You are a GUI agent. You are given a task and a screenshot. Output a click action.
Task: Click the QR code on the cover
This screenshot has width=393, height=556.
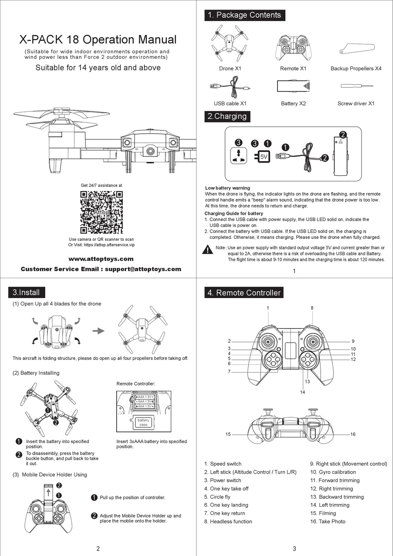click(101, 212)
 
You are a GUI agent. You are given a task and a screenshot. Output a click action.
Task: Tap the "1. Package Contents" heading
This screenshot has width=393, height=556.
click(244, 15)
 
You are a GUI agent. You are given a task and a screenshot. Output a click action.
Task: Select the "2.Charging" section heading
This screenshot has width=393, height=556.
click(227, 116)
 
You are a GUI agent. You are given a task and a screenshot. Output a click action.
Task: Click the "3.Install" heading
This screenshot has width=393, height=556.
click(26, 292)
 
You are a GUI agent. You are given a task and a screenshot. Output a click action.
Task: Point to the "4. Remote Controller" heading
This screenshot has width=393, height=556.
click(244, 293)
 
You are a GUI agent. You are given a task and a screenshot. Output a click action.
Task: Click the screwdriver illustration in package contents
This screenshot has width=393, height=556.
click(356, 86)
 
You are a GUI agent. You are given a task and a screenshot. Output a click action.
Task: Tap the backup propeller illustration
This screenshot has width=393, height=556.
click(356, 48)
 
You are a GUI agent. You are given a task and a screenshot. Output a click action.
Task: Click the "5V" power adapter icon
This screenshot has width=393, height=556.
click(264, 157)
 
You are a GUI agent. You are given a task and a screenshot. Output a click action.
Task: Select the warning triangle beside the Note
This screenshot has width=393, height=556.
click(207, 250)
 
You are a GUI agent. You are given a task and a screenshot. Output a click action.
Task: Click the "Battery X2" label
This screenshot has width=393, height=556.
click(293, 103)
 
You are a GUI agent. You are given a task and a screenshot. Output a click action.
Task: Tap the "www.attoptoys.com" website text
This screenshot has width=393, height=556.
click(101, 259)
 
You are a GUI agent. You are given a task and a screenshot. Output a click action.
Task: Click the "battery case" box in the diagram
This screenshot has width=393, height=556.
click(143, 422)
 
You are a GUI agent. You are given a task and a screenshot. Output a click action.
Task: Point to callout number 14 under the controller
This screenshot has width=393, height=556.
click(302, 392)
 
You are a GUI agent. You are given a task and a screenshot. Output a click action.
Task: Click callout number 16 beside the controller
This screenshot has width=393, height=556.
click(353, 434)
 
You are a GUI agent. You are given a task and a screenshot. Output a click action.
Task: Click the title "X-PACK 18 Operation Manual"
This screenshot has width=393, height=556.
click(98, 40)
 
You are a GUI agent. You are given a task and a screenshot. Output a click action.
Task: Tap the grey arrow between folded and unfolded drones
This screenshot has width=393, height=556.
click(98, 331)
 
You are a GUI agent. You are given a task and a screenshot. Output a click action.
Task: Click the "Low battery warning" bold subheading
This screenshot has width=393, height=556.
click(228, 188)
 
